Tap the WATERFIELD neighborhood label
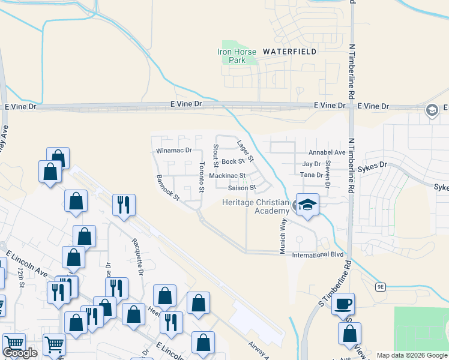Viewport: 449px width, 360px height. tap(289, 52)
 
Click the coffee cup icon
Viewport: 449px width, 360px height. tap(343, 304)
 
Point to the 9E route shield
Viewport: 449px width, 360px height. tap(381, 287)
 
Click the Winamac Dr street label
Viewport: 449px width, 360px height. tap(173, 151)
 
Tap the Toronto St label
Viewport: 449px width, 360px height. tap(202, 177)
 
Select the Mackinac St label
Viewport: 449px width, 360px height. tap(228, 176)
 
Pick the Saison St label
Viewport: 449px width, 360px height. tap(242, 188)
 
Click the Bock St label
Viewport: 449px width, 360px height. tap(233, 161)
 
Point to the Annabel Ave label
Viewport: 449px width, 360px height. tap(327, 152)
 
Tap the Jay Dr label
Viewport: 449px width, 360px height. tap(312, 164)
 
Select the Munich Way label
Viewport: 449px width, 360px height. tap(282, 236)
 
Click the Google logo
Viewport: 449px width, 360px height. tap(20, 353)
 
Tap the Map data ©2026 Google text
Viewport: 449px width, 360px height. tap(412, 355)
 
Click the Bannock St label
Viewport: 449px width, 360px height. tap(167, 188)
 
